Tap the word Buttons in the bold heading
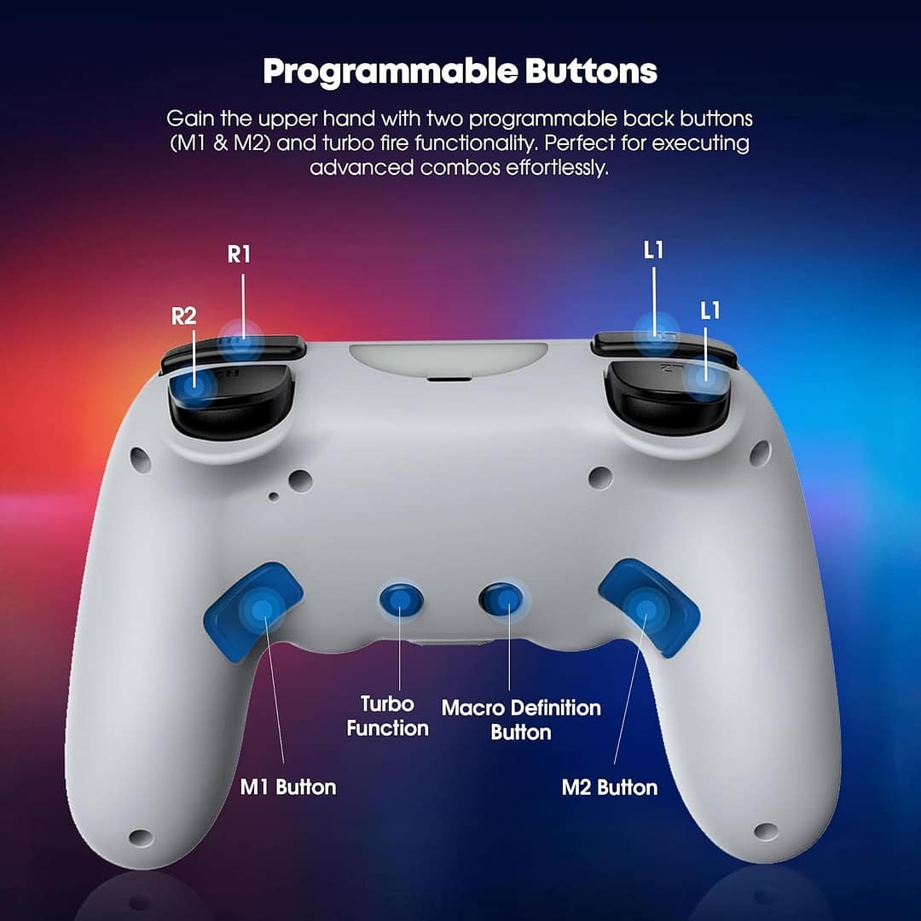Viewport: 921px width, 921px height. pyautogui.click(x=591, y=72)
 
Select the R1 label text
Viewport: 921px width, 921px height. pyautogui.click(x=240, y=255)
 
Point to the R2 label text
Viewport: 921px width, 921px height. pyautogui.click(x=184, y=316)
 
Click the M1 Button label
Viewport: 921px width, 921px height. pyautogui.click(x=287, y=786)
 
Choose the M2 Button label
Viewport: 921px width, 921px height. pyautogui.click(x=610, y=787)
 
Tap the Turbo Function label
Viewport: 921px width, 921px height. pyautogui.click(x=388, y=716)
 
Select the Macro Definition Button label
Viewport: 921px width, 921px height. pyautogui.click(x=521, y=720)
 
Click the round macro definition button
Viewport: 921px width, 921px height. pyautogui.click(x=501, y=599)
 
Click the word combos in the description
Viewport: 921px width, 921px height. pyautogui.click(x=457, y=166)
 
